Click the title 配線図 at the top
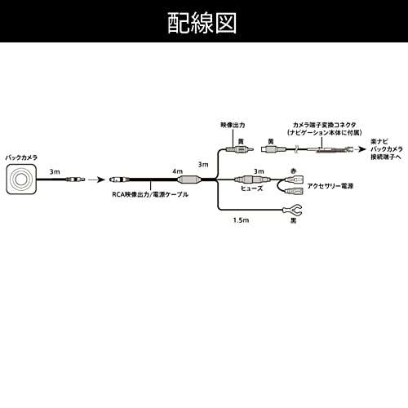pyautogui.click(x=203, y=22)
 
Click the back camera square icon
pyautogui.click(x=23, y=179)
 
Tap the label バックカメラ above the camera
pyautogui.click(x=21, y=154)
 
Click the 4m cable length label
pyautogui.click(x=178, y=172)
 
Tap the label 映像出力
pyautogui.click(x=233, y=126)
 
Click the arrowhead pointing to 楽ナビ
pyautogui.click(x=362, y=149)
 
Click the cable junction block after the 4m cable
pyautogui.click(x=193, y=180)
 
